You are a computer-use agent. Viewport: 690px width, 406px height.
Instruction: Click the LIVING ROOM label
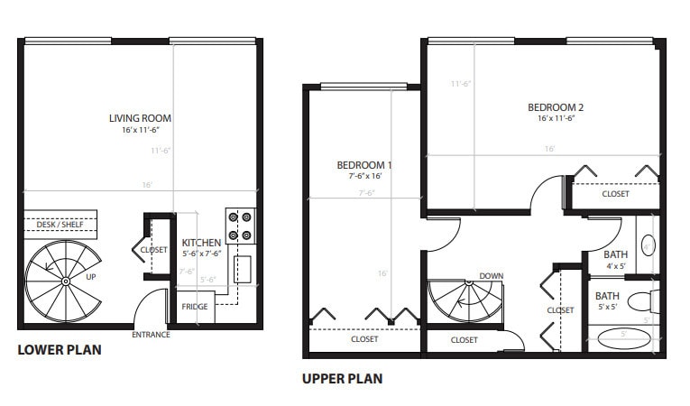click(140, 118)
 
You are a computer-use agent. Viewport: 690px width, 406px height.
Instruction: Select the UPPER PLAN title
click(342, 379)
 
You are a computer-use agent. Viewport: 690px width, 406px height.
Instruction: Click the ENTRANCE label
click(152, 336)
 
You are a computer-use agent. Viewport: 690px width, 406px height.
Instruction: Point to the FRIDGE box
click(195, 307)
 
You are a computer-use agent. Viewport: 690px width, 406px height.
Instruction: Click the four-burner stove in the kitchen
click(239, 226)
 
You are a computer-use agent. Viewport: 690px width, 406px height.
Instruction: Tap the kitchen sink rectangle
click(243, 269)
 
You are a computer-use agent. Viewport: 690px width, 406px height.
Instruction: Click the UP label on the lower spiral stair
click(90, 277)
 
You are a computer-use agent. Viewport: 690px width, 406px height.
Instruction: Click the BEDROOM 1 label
click(364, 165)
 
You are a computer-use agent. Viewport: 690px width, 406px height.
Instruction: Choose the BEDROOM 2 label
click(556, 108)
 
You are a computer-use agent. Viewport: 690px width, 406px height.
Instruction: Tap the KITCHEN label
click(201, 244)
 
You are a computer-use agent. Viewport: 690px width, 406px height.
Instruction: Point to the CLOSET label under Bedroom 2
click(615, 194)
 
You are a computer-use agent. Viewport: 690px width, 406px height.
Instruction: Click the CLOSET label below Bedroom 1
click(364, 340)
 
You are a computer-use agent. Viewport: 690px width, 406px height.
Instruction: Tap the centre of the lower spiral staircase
click(65, 281)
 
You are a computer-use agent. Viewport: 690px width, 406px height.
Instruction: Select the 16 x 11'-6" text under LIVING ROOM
click(140, 131)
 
